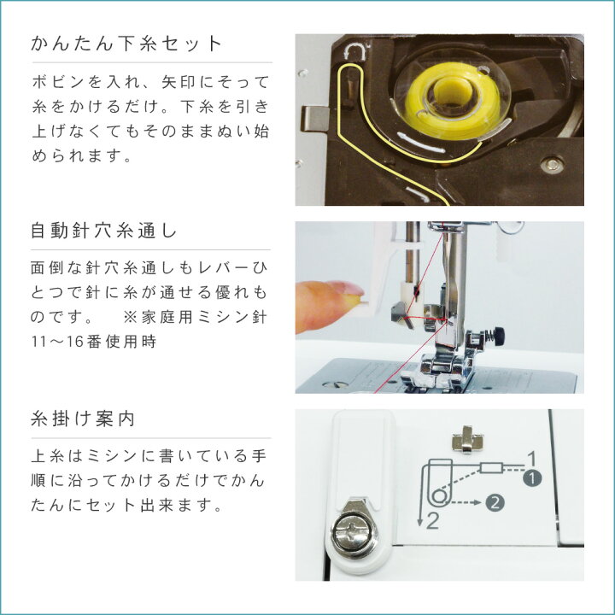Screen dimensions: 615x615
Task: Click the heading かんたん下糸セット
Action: [x=126, y=44]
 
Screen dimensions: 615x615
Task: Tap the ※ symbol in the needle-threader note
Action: [x=131, y=318]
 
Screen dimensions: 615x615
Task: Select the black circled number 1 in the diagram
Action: [x=531, y=478]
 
